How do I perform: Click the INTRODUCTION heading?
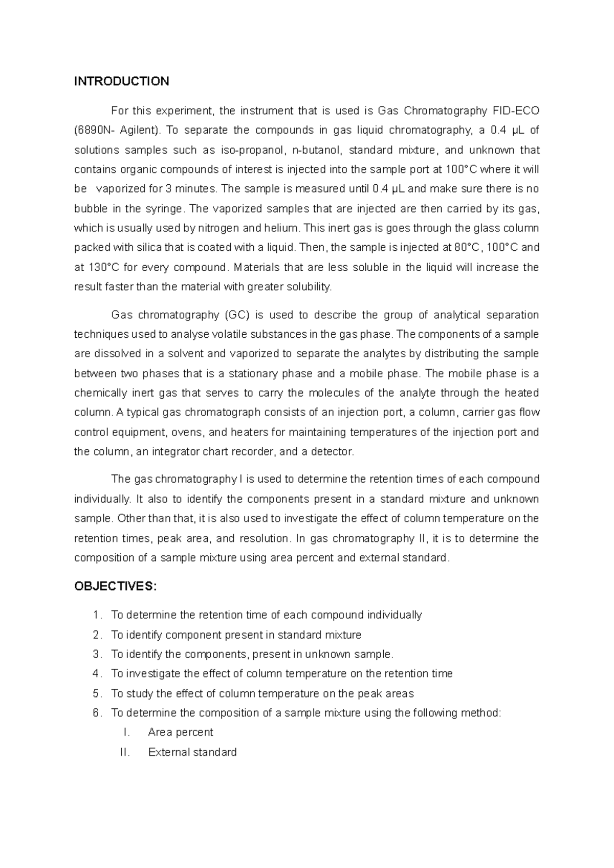point(121,81)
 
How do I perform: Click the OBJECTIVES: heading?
point(115,587)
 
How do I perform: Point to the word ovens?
point(186,432)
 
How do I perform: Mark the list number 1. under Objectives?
point(98,615)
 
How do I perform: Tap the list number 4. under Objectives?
point(98,674)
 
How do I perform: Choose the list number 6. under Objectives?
point(98,713)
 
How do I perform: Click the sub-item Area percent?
point(180,733)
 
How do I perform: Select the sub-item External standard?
point(192,752)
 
